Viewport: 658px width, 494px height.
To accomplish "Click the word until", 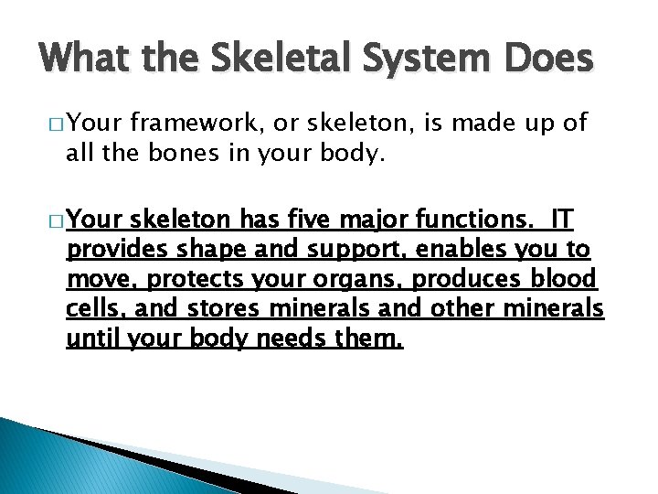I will point(93,338).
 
